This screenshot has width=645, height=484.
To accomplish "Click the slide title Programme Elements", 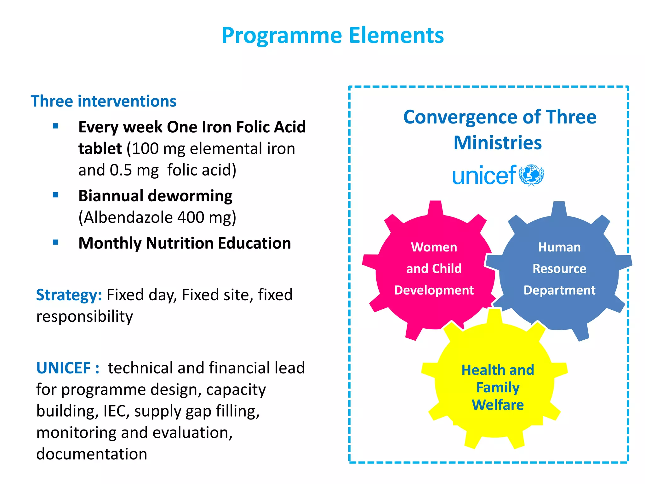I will (333, 35).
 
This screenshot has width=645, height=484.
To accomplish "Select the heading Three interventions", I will (103, 101).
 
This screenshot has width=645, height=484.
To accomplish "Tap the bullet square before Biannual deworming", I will (56, 195).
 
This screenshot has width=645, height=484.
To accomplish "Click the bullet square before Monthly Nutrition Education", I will (56, 242).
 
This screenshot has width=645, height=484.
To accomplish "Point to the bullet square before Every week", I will (56, 126).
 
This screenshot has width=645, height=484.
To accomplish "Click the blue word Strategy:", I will (69, 295).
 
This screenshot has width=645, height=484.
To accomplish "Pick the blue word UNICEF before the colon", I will (63, 368).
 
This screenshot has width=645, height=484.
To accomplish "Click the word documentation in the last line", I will (92, 454).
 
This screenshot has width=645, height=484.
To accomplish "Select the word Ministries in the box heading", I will (498, 143).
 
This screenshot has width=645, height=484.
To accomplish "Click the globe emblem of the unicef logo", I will (531, 175).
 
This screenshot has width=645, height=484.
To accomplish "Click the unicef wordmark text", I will (484, 176).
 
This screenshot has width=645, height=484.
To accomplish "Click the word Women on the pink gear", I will (434, 247).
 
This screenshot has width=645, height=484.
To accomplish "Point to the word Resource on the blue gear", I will (559, 269).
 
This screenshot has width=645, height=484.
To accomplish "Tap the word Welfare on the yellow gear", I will (498, 405).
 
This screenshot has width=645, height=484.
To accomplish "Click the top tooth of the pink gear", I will (435, 208).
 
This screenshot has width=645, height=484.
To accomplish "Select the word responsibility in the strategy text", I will (84, 316).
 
